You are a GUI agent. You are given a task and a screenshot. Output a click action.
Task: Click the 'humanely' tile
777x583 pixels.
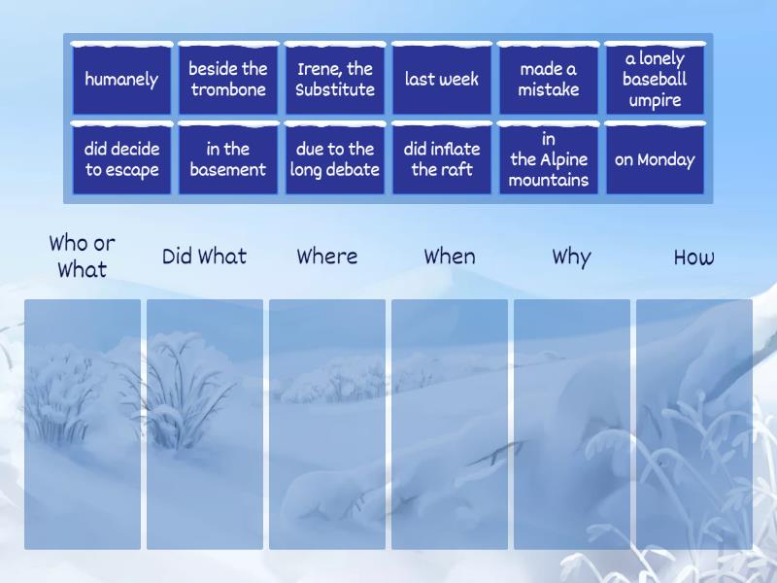[x=121, y=79]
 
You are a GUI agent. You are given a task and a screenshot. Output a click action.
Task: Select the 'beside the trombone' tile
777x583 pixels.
[x=228, y=79]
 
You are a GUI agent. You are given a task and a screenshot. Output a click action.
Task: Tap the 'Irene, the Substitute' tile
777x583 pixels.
[x=335, y=79]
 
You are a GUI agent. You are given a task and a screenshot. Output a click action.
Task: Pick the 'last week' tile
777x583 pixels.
[x=442, y=79]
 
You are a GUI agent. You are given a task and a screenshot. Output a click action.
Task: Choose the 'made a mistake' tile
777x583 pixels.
[x=549, y=79]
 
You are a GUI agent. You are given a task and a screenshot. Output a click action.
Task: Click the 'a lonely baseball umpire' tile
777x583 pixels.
[x=655, y=79]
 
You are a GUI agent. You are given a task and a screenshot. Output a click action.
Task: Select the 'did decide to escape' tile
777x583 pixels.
[x=121, y=158]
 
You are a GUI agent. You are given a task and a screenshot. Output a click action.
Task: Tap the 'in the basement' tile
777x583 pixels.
[x=228, y=158]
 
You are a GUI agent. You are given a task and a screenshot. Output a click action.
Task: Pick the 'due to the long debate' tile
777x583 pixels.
[x=335, y=158]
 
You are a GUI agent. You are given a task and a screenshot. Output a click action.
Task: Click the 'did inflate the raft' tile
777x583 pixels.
[x=442, y=158]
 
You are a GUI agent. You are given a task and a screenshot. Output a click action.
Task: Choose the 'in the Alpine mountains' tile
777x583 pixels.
[x=549, y=158]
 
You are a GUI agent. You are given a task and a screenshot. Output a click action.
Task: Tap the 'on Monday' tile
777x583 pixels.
[x=655, y=158]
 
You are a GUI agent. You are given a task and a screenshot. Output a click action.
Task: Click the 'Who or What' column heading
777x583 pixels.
[x=83, y=257]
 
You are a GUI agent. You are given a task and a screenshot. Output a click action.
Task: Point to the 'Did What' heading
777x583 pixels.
[x=204, y=257]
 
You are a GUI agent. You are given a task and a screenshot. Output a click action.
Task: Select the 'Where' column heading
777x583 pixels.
[x=327, y=257]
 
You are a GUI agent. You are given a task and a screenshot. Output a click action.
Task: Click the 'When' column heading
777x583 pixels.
[x=450, y=257]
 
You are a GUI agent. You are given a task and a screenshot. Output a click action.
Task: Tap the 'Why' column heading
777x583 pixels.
[x=571, y=257]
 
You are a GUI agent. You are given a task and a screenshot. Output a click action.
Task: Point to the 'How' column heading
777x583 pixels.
[x=693, y=257]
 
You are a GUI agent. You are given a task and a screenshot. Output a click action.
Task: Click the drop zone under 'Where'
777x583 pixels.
[x=327, y=425]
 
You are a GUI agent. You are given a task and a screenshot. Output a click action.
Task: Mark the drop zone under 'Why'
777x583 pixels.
[x=572, y=425]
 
